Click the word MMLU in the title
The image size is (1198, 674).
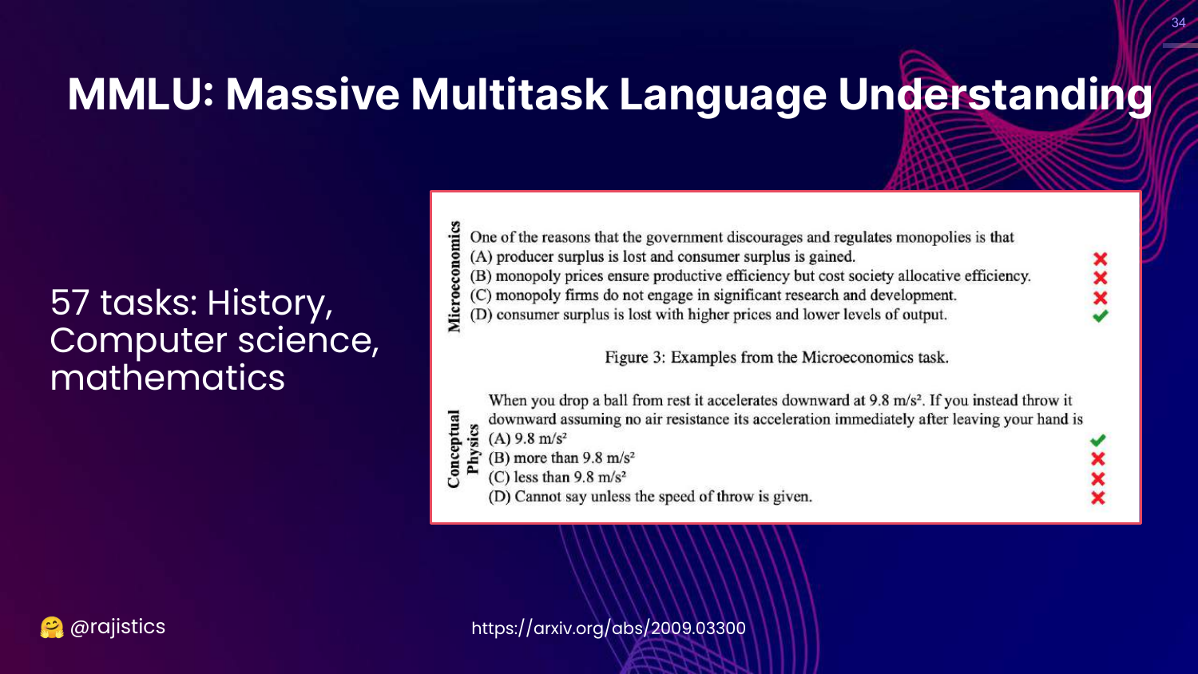(x=140, y=95)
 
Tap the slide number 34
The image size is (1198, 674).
(x=1178, y=22)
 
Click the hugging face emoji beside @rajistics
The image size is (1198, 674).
(x=52, y=628)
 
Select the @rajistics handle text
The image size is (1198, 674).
(x=117, y=627)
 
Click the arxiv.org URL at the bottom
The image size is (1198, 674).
(x=609, y=628)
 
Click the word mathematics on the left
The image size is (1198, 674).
(x=168, y=378)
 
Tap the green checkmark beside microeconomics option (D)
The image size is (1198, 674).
(x=1100, y=316)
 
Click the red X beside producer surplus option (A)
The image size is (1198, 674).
(x=1100, y=259)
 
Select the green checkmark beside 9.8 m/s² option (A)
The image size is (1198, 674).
(x=1098, y=440)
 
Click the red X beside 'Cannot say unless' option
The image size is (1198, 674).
(x=1098, y=498)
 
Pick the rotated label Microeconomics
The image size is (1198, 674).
(x=454, y=276)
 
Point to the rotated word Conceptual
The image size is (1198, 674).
(x=454, y=449)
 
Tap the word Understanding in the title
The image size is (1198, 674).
(x=995, y=95)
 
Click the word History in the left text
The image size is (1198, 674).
(x=270, y=303)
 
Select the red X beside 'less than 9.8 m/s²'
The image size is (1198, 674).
(x=1098, y=479)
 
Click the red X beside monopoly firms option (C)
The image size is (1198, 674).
(x=1100, y=297)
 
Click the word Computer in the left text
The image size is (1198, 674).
(x=138, y=341)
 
